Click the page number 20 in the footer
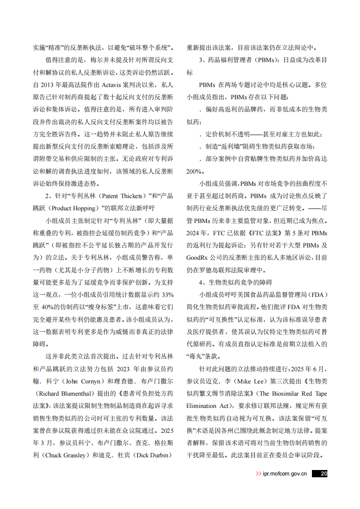point(323,474)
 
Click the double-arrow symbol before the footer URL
point(258,474)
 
